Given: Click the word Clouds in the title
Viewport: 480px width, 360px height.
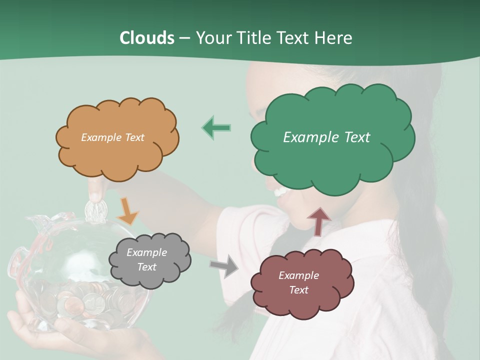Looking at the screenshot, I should coord(146,38).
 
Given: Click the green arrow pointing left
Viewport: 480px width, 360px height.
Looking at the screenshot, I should coord(216,127).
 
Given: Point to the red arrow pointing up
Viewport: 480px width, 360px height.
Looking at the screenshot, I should coord(318,221).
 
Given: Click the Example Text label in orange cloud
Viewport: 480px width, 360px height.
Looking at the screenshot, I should coord(112,137).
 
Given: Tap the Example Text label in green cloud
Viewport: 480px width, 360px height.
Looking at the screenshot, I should coord(326,137).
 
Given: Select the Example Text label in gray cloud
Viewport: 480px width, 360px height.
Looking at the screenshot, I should coord(146,259).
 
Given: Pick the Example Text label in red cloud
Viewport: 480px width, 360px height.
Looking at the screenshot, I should coord(298,282).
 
